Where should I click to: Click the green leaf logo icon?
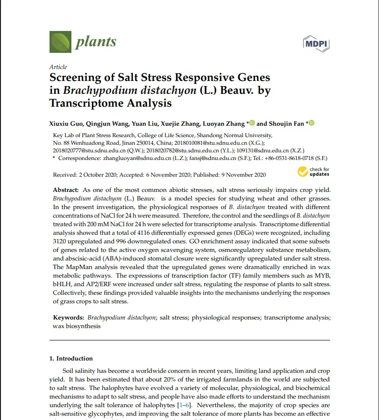point(60,41)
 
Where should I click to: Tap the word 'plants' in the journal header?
point(95,42)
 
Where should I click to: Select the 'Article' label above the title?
point(58,67)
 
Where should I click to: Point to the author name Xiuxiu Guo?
point(68,124)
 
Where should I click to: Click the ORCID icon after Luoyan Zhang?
point(252,123)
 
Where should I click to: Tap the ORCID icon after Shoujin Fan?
point(311,123)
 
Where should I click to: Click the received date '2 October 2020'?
point(98,175)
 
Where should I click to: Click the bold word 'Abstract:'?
point(66,190)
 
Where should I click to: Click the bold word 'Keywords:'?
point(69,317)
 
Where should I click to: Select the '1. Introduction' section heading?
point(71,358)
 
